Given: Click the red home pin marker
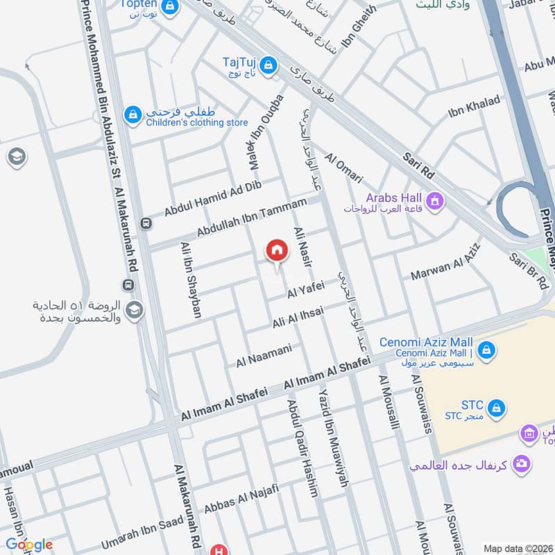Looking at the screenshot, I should pyautogui.click(x=277, y=250).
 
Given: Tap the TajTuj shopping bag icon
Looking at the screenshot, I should pyautogui.click(x=269, y=66).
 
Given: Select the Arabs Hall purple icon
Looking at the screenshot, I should pyautogui.click(x=435, y=202).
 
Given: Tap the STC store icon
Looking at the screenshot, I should pyautogui.click(x=495, y=409).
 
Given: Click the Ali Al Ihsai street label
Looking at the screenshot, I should pyautogui.click(x=298, y=316).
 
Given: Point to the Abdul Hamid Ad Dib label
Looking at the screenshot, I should pyautogui.click(x=212, y=198).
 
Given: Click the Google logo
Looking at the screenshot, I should pyautogui.click(x=28, y=545).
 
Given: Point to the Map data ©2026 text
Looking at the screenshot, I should pyautogui.click(x=517, y=548).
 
